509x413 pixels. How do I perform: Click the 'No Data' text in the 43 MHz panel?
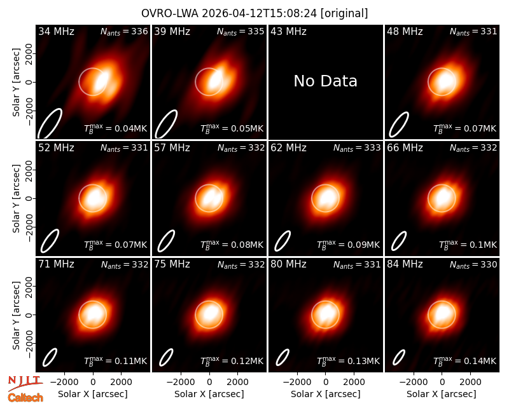click(325, 81)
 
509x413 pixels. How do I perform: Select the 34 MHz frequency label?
click(56, 31)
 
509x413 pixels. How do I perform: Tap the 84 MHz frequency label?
click(405, 264)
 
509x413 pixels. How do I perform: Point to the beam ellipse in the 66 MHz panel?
click(399, 241)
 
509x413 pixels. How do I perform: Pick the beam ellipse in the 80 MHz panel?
click(282, 357)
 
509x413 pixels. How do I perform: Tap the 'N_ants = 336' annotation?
click(124, 31)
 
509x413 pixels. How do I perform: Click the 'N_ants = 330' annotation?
click(473, 264)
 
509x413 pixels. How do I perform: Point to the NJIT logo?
click(25, 383)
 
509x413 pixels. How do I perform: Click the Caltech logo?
click(25, 398)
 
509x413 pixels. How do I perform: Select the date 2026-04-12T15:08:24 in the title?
click(259, 13)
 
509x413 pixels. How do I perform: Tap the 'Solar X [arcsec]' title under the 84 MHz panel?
click(442, 394)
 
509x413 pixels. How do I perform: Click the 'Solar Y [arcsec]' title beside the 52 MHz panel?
click(16, 198)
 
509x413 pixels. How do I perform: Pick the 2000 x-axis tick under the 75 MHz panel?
click(237, 382)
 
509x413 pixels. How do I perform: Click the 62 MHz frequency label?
click(288, 148)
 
